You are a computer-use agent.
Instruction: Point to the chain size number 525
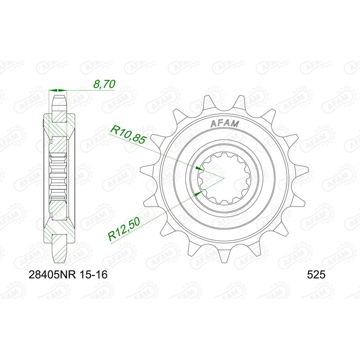[315, 274]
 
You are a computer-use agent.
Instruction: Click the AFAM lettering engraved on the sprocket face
[225, 124]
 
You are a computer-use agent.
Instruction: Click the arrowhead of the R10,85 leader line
[200, 168]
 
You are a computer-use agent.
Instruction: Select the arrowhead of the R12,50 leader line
[201, 193]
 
